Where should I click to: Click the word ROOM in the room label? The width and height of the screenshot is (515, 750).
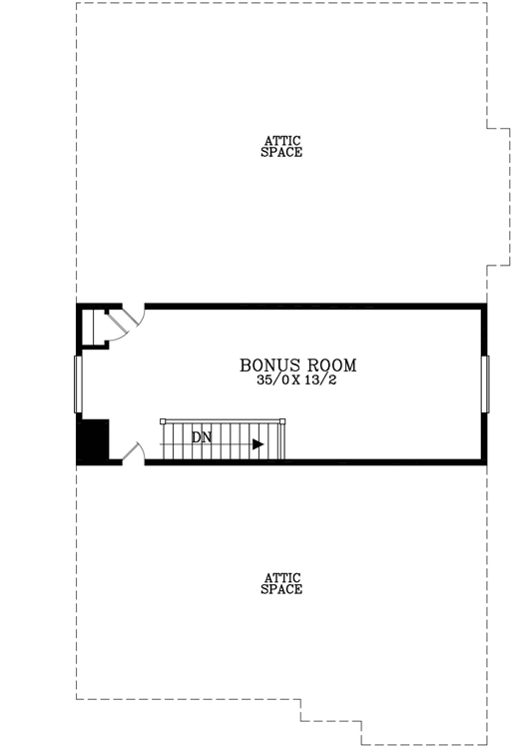328,365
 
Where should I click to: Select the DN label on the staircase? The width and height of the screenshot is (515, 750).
202,436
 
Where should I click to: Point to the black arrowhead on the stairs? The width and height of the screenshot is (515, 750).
258,444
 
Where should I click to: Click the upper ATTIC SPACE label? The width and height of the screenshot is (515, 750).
281,146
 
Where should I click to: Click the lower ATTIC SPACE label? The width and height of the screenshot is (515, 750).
281,583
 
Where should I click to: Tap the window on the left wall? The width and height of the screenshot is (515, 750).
77,383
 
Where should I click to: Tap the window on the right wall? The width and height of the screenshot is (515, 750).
486,383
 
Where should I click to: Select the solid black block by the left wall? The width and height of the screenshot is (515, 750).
93,440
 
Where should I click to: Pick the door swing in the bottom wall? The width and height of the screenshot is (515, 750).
134,452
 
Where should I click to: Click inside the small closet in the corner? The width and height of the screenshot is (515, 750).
95,327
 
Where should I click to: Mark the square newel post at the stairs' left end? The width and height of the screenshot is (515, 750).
163,423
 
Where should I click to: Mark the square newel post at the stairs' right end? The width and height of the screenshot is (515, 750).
281,424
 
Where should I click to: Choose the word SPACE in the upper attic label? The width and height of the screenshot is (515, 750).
281,153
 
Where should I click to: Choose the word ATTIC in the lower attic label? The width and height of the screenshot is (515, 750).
281,577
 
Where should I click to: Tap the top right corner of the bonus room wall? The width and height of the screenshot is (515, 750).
484,306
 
